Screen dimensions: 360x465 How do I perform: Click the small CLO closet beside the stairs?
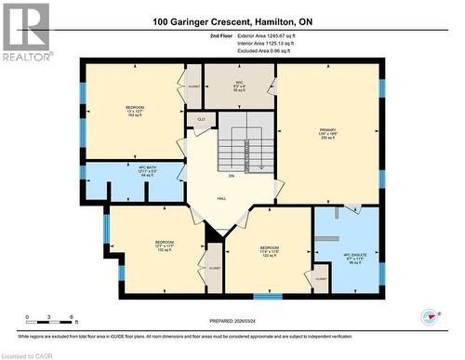point(201,120)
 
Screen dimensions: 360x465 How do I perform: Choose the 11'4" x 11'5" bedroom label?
point(269,251)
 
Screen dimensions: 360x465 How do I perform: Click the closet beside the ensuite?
point(321,278)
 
